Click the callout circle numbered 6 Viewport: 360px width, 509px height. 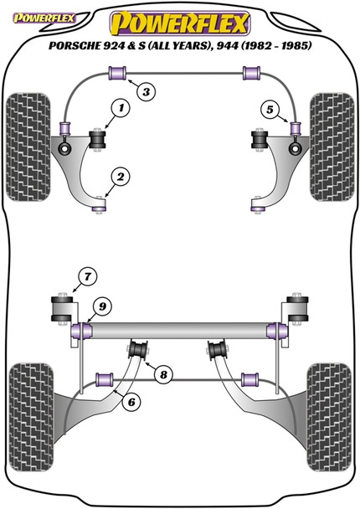(x=130, y=401)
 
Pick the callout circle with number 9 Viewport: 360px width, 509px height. (x=100, y=307)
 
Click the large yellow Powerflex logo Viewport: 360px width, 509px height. (x=181, y=18)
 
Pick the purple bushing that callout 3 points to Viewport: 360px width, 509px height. (x=118, y=76)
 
